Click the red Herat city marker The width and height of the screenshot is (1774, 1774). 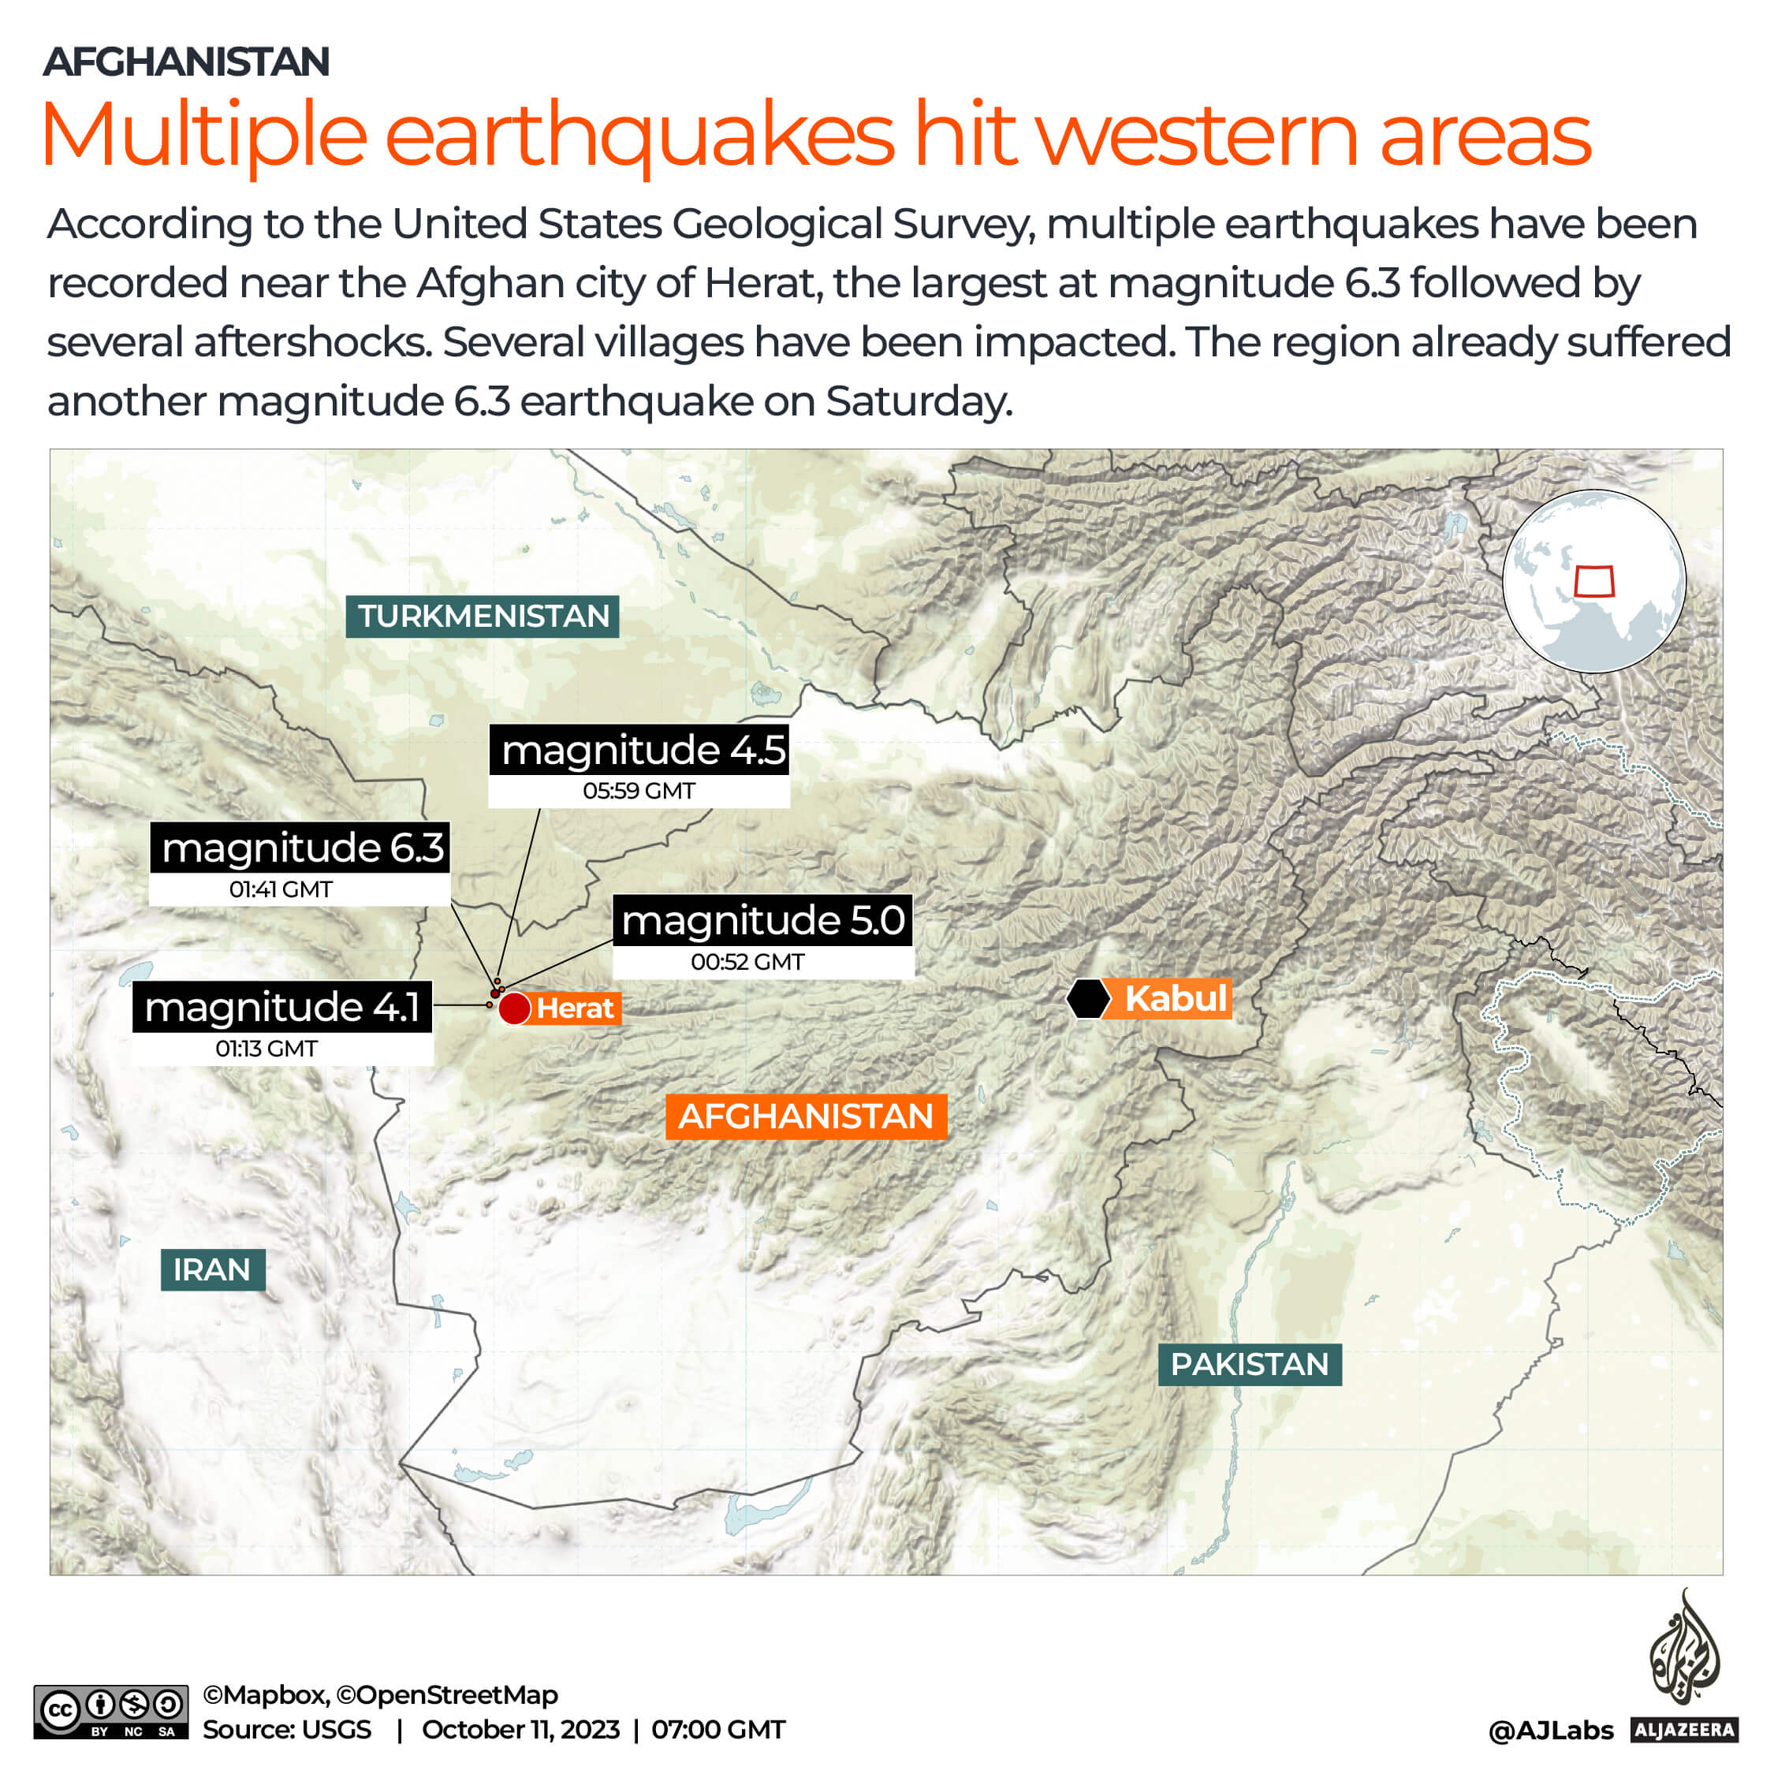coord(514,1008)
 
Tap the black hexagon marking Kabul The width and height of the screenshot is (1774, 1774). coord(1088,999)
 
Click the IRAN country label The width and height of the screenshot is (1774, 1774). coord(212,1270)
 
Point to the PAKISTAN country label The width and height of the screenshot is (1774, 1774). coord(1249,1365)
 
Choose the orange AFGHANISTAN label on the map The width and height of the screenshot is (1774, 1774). coord(805,1116)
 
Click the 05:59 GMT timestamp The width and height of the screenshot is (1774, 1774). coord(639,791)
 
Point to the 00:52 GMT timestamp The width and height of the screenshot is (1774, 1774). coord(747,962)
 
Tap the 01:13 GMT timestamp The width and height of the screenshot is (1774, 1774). coord(266,1049)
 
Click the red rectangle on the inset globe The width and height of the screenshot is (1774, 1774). coord(1594,581)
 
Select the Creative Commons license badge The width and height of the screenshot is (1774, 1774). coord(111,1712)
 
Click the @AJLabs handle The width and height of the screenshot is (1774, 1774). coord(1550,1731)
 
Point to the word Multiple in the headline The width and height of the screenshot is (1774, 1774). coord(204,135)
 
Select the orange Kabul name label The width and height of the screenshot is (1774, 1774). coord(1175,999)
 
